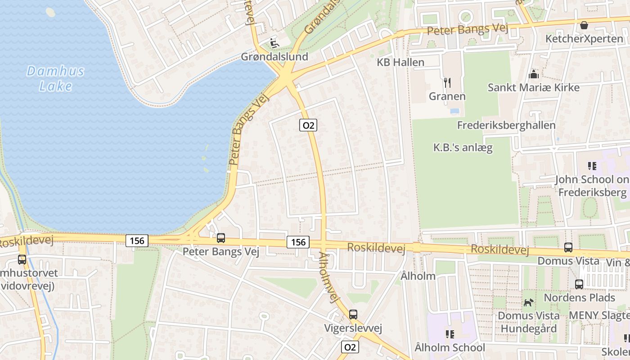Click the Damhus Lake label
55,78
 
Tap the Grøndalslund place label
274,57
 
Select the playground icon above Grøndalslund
274,43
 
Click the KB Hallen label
400,62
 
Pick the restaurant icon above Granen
447,83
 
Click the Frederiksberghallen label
506,125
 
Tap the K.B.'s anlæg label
463,147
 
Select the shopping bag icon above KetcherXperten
584,25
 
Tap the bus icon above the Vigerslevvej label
353,315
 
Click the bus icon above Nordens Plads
579,284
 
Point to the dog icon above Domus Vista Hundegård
529,302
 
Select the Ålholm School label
450,347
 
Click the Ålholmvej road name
328,277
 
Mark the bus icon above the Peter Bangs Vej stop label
221,238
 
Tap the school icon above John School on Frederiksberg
592,166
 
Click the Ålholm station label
418,276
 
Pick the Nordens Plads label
579,297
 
